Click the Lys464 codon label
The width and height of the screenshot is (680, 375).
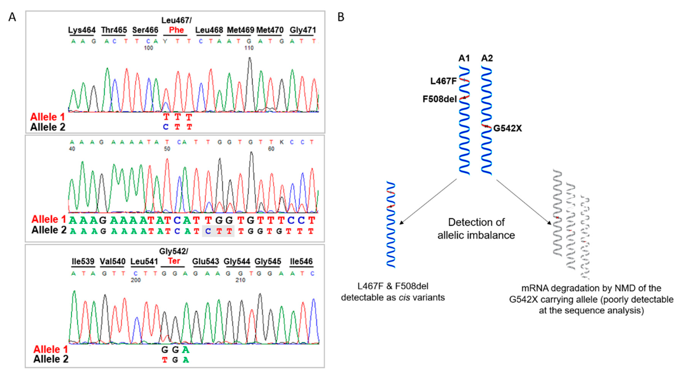tap(82, 30)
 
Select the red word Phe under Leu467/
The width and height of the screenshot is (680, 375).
tap(176, 30)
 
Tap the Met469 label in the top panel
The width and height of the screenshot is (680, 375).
tap(240, 30)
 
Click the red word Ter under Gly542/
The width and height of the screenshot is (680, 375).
tap(174, 261)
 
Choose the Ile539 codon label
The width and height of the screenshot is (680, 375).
tap(83, 262)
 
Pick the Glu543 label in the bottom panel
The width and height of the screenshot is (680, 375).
tap(205, 262)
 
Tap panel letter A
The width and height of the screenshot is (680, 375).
tap(12, 17)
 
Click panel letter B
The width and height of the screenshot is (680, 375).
tap(341, 17)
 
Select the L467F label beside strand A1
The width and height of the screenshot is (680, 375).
tap(443, 81)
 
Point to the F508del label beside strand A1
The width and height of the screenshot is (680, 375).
tap(440, 99)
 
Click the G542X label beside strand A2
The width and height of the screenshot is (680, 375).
tap(507, 128)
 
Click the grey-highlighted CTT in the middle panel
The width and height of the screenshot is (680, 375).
tap(218, 232)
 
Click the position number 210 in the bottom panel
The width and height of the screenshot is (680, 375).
tap(240, 280)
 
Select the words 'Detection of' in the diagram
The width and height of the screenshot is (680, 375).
tap(476, 222)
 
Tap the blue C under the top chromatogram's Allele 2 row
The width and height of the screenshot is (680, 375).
tap(166, 127)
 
